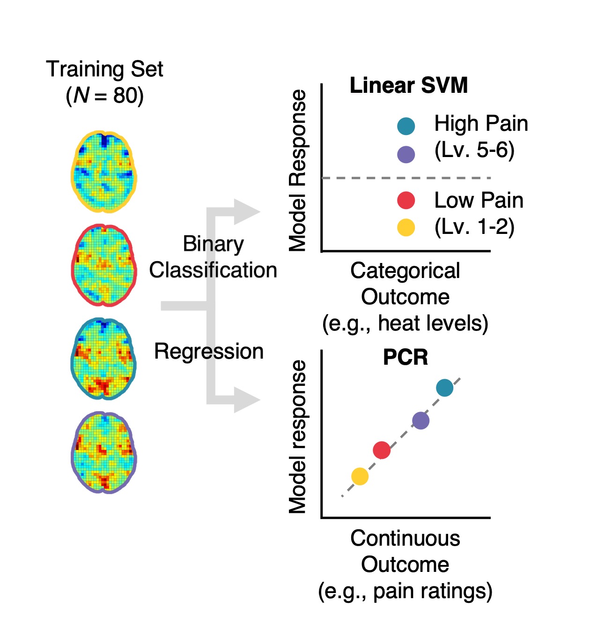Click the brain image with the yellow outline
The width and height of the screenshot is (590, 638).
tap(104, 172)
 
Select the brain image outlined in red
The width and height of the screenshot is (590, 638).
tap(104, 265)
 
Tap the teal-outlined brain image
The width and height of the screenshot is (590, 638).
tap(104, 359)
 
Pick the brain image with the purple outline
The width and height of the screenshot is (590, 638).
tap(104, 452)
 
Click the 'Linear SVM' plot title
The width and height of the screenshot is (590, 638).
tap(409, 86)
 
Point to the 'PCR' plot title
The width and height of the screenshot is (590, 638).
tap(406, 357)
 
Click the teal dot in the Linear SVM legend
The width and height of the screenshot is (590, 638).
tap(406, 126)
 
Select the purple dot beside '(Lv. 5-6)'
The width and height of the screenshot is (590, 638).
tap(406, 154)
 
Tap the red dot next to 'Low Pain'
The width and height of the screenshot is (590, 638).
tap(406, 200)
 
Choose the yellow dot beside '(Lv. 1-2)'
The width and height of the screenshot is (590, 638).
tap(406, 227)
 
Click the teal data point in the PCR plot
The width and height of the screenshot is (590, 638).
tap(444, 388)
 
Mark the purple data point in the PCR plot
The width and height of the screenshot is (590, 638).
tap(420, 420)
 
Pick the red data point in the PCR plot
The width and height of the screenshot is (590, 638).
tap(382, 450)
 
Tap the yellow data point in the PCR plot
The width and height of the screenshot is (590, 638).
tap(360, 476)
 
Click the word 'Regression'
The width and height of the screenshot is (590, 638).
tap(209, 352)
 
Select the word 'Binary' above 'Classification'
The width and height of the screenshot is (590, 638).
tap(213, 244)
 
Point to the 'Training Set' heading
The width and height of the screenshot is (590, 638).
tap(104, 69)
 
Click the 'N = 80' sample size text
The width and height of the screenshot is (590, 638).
tap(104, 96)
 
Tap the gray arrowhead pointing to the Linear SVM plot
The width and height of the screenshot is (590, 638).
tap(246, 212)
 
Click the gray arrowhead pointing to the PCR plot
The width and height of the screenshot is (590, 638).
tap(246, 400)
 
